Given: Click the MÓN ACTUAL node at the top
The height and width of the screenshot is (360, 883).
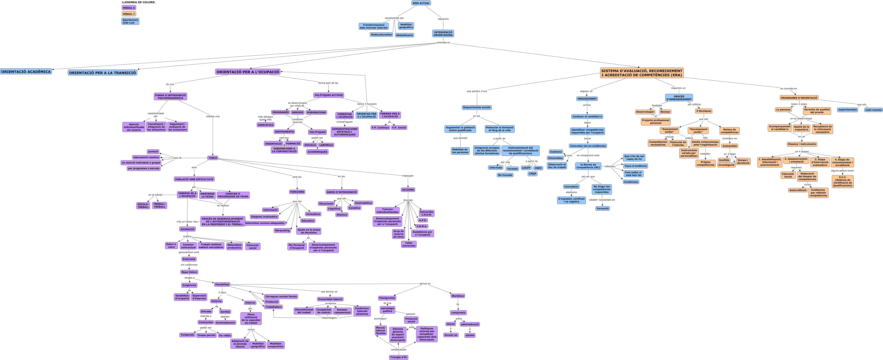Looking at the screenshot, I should tap(421, 3).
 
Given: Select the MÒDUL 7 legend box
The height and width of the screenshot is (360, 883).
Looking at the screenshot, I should tap(129, 14).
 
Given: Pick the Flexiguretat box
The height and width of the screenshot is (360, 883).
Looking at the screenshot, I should tap(387, 298).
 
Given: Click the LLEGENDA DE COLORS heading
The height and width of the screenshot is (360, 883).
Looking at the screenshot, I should tap(139, 2).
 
